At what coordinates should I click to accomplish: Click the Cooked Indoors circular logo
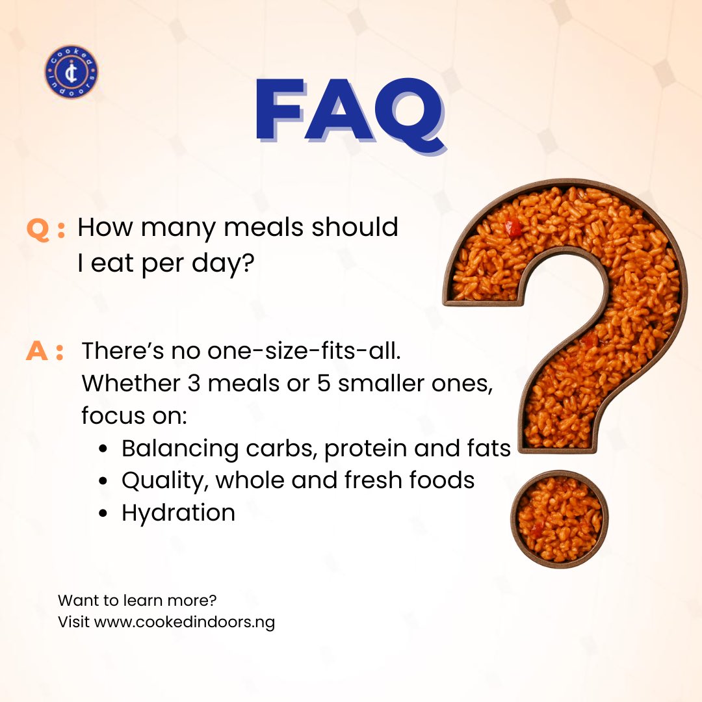[71, 72]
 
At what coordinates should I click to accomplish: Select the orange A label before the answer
[38, 352]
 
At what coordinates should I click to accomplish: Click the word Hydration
[178, 513]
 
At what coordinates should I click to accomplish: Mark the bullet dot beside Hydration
[103, 513]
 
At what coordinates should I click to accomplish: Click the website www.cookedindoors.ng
[185, 622]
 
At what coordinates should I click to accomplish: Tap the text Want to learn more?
[136, 600]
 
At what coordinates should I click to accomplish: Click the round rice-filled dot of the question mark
[560, 519]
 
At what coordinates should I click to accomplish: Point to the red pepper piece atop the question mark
[513, 227]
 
